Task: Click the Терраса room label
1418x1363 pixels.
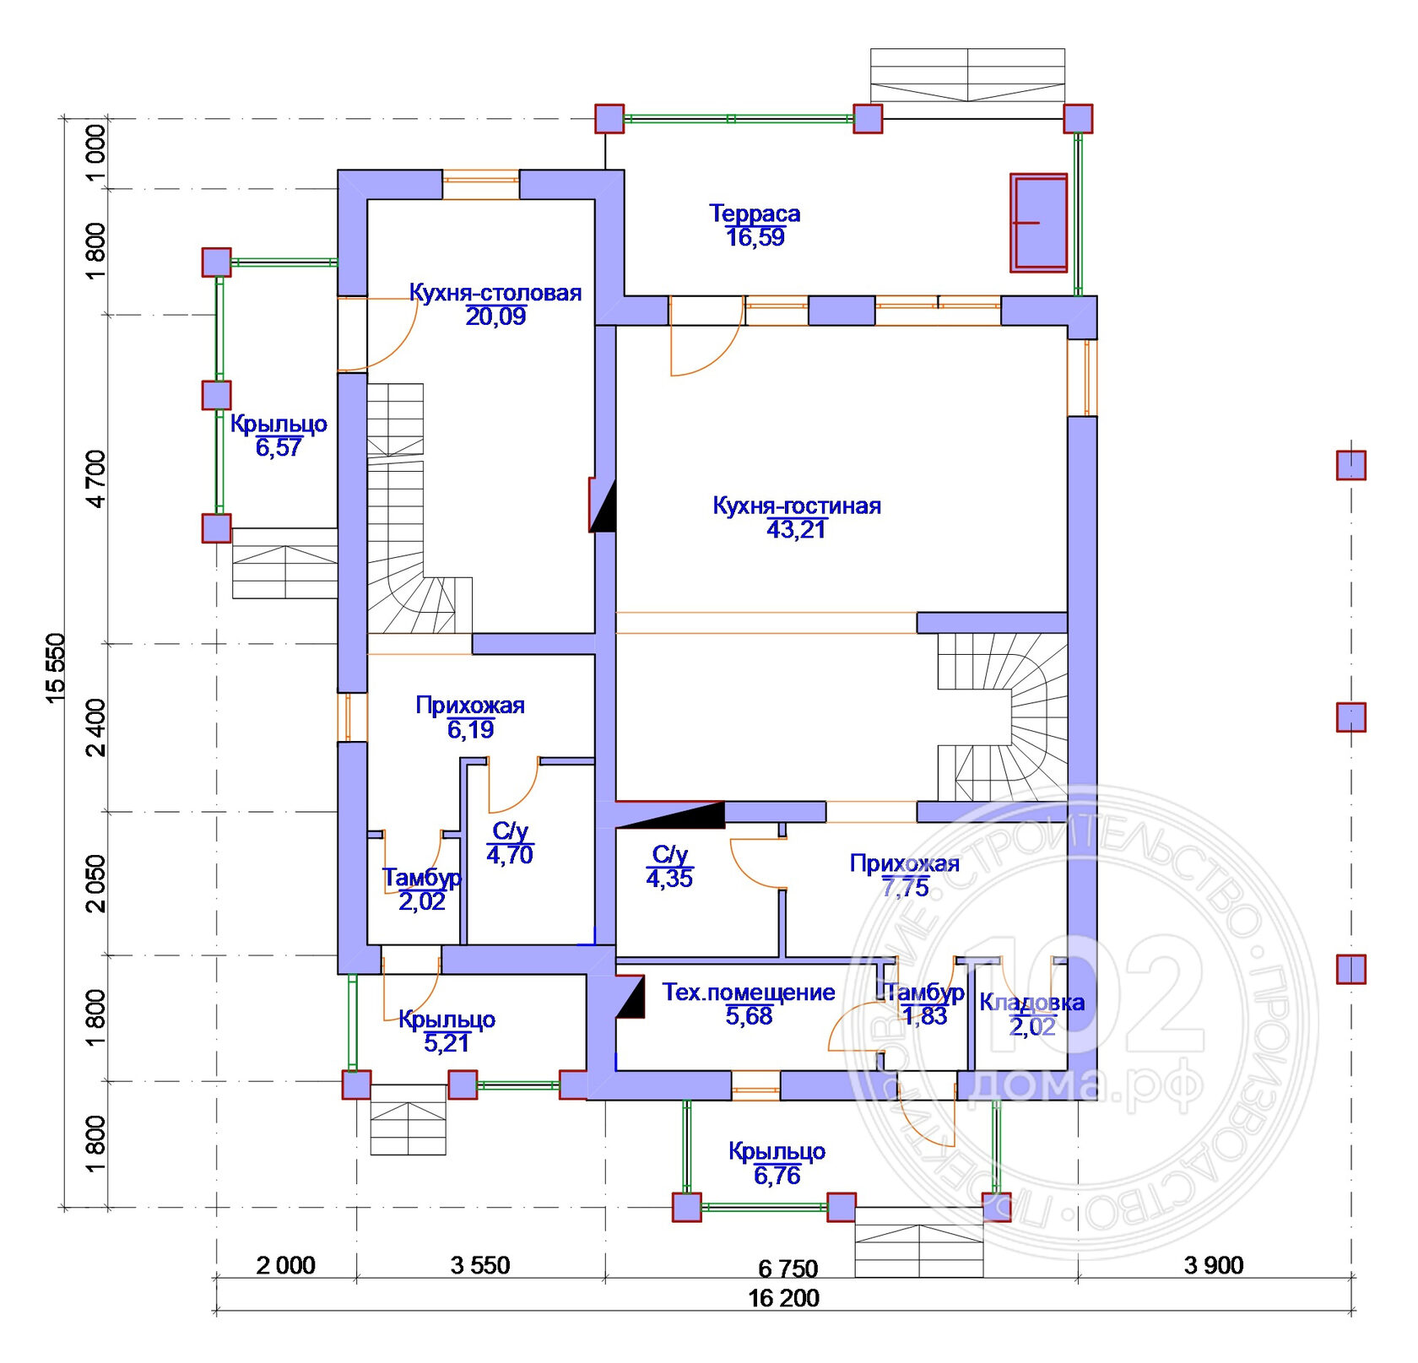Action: pos(755,214)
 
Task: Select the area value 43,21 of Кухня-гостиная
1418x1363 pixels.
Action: pos(796,529)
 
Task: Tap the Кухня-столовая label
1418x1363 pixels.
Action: pos(495,293)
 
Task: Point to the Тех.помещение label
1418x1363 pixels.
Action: pos(749,993)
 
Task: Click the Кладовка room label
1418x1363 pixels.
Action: pos(1031,1003)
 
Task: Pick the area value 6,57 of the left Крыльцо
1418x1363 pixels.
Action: pos(279,447)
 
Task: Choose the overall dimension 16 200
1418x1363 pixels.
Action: pos(783,1298)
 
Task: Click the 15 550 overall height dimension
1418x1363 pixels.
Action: pos(54,667)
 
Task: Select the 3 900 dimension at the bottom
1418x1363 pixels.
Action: pos(1214,1265)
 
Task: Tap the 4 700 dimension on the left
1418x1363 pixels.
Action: pos(97,479)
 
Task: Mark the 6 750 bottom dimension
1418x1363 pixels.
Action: pos(788,1268)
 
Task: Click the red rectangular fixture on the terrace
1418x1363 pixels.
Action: pos(1039,223)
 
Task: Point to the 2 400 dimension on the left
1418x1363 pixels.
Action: pos(97,727)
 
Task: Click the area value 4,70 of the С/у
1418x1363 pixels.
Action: pos(510,855)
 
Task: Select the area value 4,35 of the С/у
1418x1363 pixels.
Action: pos(669,879)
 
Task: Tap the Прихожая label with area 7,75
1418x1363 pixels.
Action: pos(905,863)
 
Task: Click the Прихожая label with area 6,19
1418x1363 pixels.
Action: pos(470,706)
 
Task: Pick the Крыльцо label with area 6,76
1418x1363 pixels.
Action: pos(777,1151)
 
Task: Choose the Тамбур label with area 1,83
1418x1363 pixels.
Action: pos(925,993)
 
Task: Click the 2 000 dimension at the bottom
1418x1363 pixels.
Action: pos(285,1265)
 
